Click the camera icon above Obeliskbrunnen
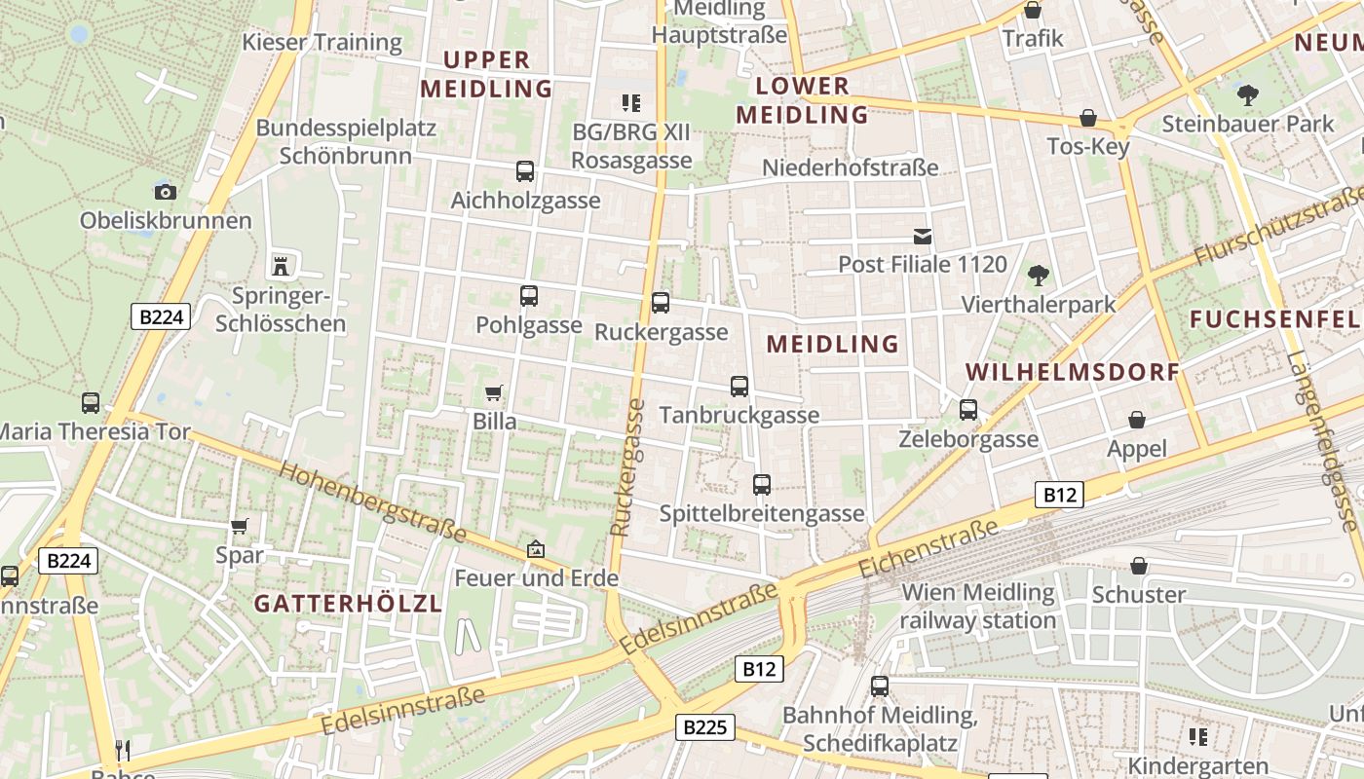tap(166, 192)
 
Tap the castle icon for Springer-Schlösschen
tap(281, 265)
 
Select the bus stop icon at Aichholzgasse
tap(525, 171)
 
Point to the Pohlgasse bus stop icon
tap(529, 296)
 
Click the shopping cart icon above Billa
tap(494, 392)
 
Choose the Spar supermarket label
tap(240, 555)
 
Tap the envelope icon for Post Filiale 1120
tap(922, 236)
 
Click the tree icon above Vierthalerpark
tap(1039, 276)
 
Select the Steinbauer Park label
tap(1248, 125)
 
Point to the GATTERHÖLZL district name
tap(349, 604)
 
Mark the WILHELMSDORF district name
tap(1073, 372)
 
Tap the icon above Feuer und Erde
tap(535, 549)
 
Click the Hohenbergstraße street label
tap(372, 501)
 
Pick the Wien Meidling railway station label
tap(977, 606)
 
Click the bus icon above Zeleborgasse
tap(968, 410)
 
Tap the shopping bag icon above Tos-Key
tap(1088, 118)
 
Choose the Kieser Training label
tap(322, 42)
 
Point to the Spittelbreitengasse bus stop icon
tap(762, 484)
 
